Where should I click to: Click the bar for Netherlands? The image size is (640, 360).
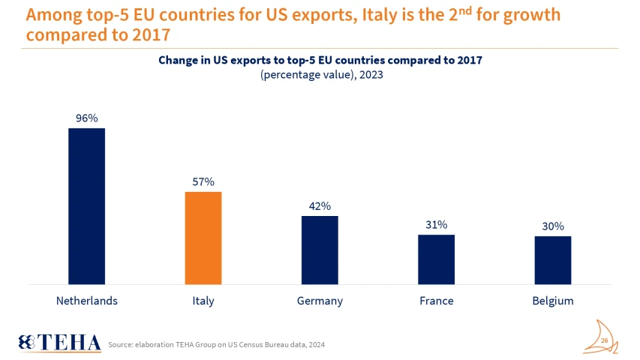point(87,206)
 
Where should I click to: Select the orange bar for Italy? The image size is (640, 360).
point(203,238)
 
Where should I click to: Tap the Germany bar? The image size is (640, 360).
point(320,250)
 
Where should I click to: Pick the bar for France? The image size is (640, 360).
point(436,259)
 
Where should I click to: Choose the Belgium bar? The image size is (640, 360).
point(553,260)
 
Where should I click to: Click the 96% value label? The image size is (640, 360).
point(87,118)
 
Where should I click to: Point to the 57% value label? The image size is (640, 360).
point(203,181)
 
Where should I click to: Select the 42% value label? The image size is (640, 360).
point(320,205)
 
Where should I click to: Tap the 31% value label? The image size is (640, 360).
point(436,224)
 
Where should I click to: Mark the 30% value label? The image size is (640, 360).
point(553,226)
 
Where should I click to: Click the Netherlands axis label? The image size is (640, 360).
point(87,301)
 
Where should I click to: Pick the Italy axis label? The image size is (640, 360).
point(203,301)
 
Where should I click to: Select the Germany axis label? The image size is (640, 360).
point(320,301)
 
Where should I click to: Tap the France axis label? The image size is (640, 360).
point(436,301)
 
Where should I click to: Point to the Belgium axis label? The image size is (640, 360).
point(553,301)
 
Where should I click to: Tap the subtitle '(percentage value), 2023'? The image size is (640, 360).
point(320,76)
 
